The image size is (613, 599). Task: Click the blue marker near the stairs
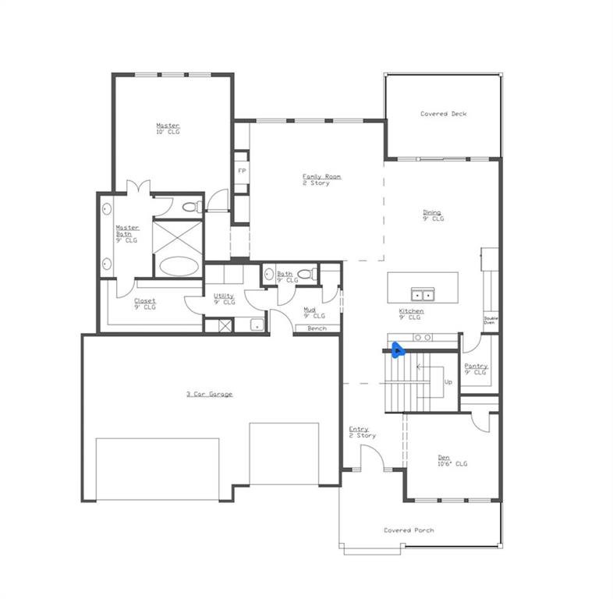click(398, 349)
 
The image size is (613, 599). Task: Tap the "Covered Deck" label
click(443, 114)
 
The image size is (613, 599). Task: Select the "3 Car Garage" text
click(209, 394)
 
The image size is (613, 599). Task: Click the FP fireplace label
click(242, 171)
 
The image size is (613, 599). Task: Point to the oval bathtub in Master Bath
click(179, 265)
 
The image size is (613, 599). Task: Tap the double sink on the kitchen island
click(423, 294)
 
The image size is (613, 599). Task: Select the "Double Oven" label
click(491, 320)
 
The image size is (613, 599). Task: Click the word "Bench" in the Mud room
click(317, 328)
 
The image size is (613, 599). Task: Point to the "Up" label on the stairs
click(448, 382)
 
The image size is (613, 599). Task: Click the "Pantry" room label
click(476, 366)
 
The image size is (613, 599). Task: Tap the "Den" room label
click(443, 458)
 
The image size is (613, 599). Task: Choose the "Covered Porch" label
click(409, 530)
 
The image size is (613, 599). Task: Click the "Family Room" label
click(321, 177)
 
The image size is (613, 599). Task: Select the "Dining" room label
click(432, 212)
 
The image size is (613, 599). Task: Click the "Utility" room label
click(224, 296)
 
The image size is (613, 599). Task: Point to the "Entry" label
click(359, 429)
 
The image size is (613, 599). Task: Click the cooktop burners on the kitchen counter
click(422, 337)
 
